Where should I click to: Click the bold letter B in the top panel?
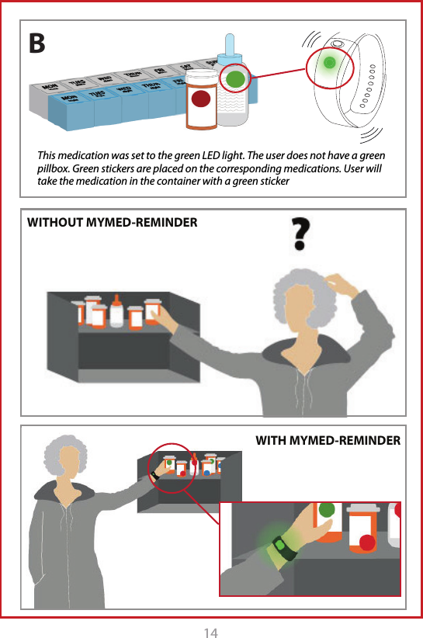(37, 44)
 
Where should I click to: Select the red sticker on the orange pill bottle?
(202, 99)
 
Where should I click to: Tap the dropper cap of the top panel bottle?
(230, 47)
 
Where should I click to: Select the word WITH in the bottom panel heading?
(272, 441)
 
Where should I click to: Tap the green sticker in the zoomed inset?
(326, 509)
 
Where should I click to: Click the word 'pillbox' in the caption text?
(54, 169)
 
